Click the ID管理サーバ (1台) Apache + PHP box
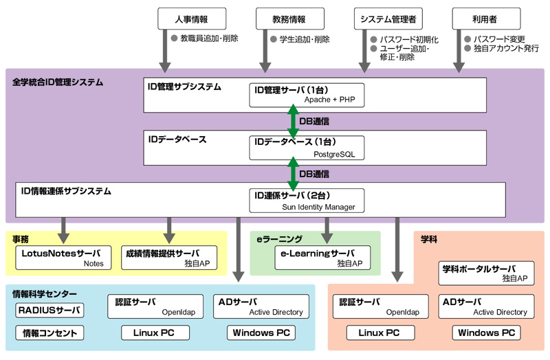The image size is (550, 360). (307, 95)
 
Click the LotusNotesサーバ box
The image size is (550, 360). (63, 258)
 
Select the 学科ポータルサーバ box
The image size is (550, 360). (486, 273)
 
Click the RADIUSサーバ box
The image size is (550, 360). (49, 311)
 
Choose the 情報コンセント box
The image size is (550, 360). (49, 333)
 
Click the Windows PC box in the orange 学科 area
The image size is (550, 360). (486, 333)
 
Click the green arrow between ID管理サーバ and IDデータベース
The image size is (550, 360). (294, 121)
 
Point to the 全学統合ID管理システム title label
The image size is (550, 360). (58, 82)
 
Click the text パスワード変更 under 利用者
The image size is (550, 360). (498, 39)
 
